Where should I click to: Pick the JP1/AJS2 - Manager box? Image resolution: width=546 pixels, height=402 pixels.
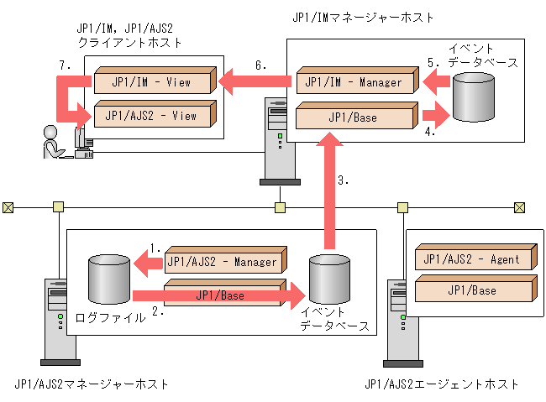click(223, 262)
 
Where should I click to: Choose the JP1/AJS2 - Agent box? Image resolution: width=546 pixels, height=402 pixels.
click(472, 259)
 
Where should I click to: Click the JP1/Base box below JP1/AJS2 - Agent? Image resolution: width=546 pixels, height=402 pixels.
click(472, 290)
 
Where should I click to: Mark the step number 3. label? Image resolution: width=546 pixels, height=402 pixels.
click(342, 180)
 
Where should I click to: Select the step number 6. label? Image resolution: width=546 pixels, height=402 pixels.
click(260, 65)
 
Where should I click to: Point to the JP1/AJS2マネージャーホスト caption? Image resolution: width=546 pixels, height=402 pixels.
click(92, 384)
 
